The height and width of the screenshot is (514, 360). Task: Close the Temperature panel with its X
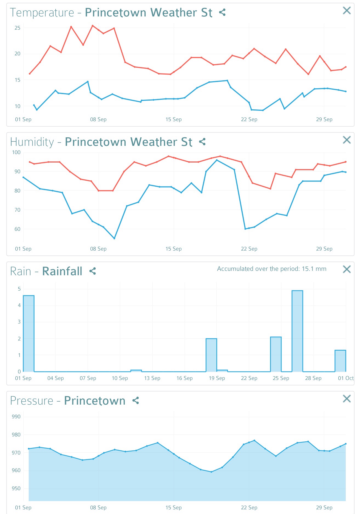click(347, 11)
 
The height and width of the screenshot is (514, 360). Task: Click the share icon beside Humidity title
click(202, 142)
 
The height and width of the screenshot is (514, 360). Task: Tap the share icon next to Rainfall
click(93, 271)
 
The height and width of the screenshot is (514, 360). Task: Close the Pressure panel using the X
click(347, 399)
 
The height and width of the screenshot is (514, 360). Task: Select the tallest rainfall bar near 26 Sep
click(297, 331)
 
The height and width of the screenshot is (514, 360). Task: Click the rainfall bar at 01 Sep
click(29, 333)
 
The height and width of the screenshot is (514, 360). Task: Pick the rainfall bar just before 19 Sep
click(211, 355)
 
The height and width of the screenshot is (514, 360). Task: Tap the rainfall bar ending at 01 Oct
click(340, 361)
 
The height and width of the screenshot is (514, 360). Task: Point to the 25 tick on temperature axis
click(18, 28)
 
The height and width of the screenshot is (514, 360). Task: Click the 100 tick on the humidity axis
click(16, 152)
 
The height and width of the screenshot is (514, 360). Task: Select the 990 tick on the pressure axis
click(16, 417)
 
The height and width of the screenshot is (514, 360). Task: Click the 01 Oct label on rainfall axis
click(345, 378)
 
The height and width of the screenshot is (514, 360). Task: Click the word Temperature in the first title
click(42, 13)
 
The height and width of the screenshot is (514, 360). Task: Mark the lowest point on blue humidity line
click(114, 238)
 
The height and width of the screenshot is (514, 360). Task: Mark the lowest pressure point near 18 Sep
click(211, 472)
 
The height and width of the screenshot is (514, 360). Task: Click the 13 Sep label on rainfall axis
click(152, 378)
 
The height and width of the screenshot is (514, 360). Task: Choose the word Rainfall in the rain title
click(62, 271)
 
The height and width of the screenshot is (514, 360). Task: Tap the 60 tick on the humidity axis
click(18, 229)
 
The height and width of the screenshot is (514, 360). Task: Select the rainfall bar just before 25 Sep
click(276, 354)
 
